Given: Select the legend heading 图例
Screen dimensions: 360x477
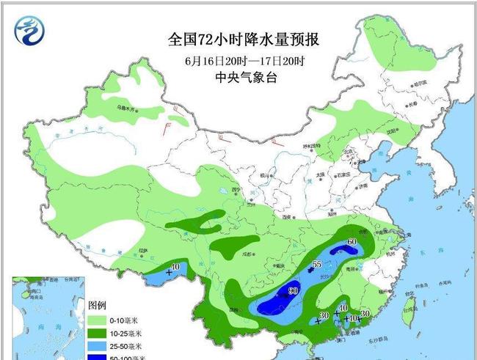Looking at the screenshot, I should coord(98,304).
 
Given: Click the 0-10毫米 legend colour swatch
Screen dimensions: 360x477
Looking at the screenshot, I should coord(97,320).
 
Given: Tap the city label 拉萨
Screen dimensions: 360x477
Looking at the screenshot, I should coord(145,251).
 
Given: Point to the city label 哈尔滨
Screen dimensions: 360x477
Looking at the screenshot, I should coord(418,84).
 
